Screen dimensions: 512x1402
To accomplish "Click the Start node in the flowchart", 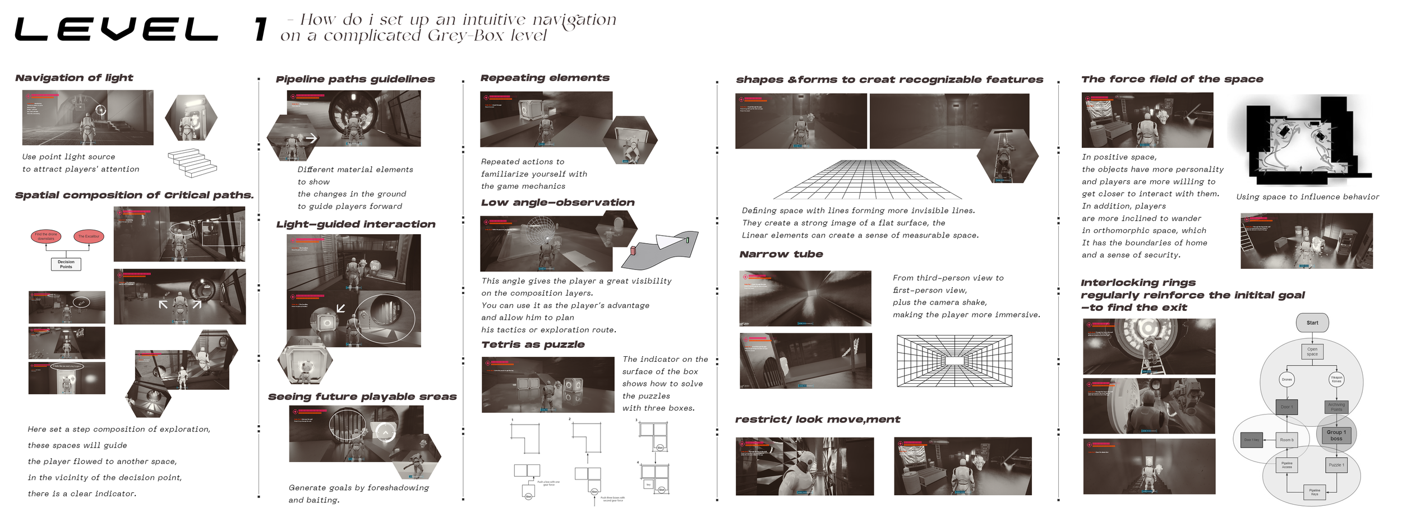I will click(1312, 323).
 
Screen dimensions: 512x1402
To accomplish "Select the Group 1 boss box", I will click(1336, 435).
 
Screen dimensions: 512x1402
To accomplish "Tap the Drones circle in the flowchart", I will click(1286, 379).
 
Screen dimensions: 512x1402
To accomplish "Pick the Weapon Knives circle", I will click(1336, 379).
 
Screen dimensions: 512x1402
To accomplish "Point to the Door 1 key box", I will click(1251, 440).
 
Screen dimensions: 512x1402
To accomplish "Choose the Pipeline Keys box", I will click(1315, 492).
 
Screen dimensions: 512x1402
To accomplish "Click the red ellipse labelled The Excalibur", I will click(89, 236).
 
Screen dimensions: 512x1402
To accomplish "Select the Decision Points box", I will click(66, 264).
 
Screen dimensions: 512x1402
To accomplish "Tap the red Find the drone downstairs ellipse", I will click(46, 236).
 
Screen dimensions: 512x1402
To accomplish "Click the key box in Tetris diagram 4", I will click(648, 485).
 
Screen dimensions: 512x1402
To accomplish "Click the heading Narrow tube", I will click(781, 254).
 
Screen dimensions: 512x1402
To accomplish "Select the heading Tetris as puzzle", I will click(533, 345).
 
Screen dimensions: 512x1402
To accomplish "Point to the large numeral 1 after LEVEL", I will click(260, 30).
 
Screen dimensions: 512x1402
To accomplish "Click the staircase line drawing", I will click(192, 162).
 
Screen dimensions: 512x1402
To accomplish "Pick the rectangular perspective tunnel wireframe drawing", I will click(954, 361).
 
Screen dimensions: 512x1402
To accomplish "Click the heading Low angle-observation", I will click(557, 202).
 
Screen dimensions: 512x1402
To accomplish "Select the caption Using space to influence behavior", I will click(1307, 197).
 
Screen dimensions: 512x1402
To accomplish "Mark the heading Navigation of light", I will click(74, 78).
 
